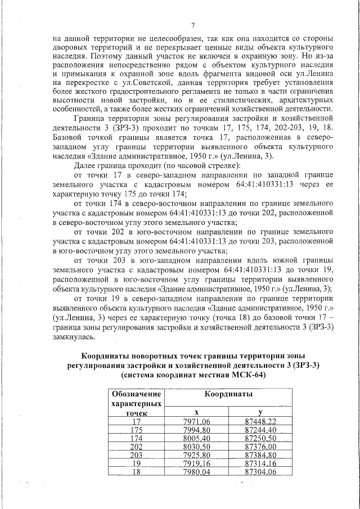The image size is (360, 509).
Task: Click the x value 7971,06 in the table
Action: point(196,421)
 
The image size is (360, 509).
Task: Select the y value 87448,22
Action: point(260,421)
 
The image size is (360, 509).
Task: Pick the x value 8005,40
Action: point(196,439)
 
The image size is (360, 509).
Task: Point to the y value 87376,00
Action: point(260,447)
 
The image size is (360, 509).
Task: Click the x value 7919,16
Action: point(196,463)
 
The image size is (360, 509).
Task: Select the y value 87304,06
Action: point(260,472)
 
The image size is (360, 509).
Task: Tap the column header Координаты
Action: point(228,395)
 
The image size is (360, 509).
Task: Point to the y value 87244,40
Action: point(260,430)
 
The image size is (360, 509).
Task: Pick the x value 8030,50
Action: point(196,447)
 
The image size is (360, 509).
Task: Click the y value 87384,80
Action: point(260,455)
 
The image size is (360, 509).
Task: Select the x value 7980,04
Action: point(196,472)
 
